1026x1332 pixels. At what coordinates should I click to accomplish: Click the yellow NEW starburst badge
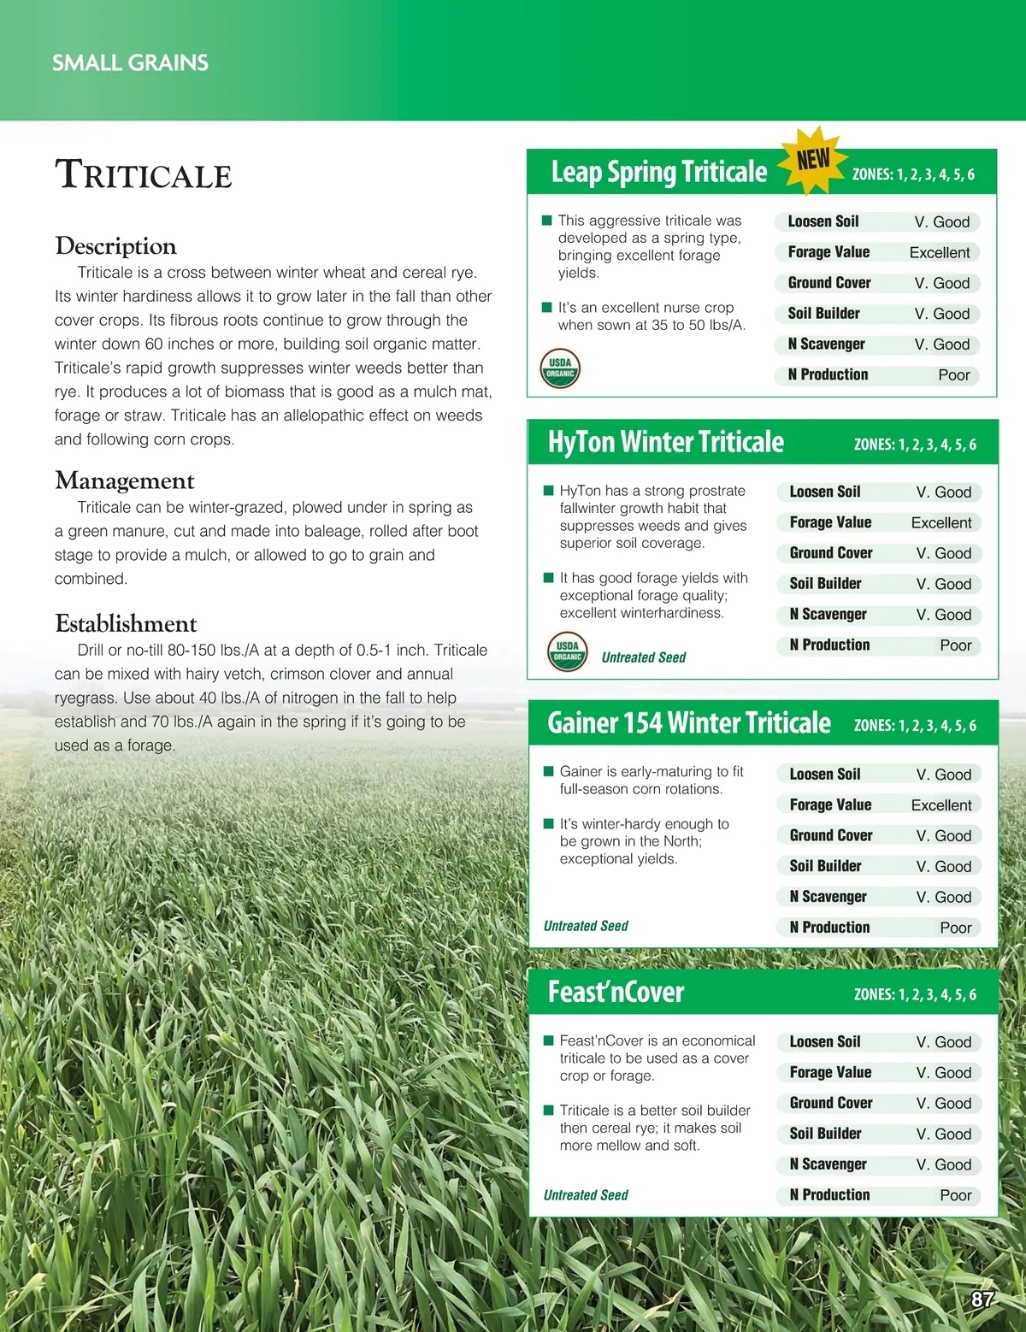pos(813,160)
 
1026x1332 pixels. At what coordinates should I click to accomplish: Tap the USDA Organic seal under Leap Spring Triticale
pos(560,368)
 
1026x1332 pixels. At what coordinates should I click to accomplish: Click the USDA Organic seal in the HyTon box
pos(567,651)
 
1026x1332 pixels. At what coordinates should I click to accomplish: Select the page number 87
pos(982,1300)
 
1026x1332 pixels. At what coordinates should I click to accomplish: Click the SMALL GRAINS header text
pos(130,62)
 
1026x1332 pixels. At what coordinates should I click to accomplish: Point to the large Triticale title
pos(144,174)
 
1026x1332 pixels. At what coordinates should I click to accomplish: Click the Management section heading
pos(125,480)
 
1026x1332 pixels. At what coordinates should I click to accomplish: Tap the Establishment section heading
pos(126,623)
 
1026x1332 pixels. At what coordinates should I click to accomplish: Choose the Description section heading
pos(115,246)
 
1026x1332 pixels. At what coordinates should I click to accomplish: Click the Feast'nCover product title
pos(616,992)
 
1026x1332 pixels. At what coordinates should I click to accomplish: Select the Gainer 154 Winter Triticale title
pos(688,723)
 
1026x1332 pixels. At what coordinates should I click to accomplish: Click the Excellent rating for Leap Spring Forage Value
pos(939,252)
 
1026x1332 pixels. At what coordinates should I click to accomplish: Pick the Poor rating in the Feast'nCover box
pos(955,1195)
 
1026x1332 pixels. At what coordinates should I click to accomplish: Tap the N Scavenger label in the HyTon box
pos(828,614)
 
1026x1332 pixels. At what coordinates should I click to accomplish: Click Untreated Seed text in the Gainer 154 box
pos(586,926)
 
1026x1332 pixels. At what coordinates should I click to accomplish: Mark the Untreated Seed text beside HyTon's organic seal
pos(643,657)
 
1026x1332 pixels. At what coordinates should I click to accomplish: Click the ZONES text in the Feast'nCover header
pos(914,994)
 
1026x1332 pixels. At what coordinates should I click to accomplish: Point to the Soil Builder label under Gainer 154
pos(825,866)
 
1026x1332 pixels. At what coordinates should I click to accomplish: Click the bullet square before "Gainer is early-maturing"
pos(548,771)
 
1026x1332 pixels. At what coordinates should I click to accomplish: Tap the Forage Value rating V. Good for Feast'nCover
pos(943,1072)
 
